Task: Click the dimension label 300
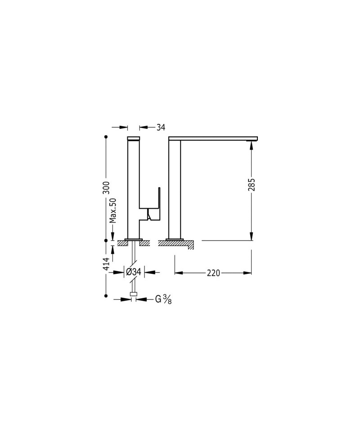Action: pos(106,187)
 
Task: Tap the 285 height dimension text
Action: pos(252,185)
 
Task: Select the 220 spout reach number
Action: pos(213,273)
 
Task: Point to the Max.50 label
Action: pos(112,210)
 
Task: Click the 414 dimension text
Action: pos(106,264)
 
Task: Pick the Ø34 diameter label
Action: pos(134,272)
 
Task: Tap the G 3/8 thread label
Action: pos(163,300)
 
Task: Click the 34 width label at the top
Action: pos(161,127)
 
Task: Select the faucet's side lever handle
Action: pos(154,204)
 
